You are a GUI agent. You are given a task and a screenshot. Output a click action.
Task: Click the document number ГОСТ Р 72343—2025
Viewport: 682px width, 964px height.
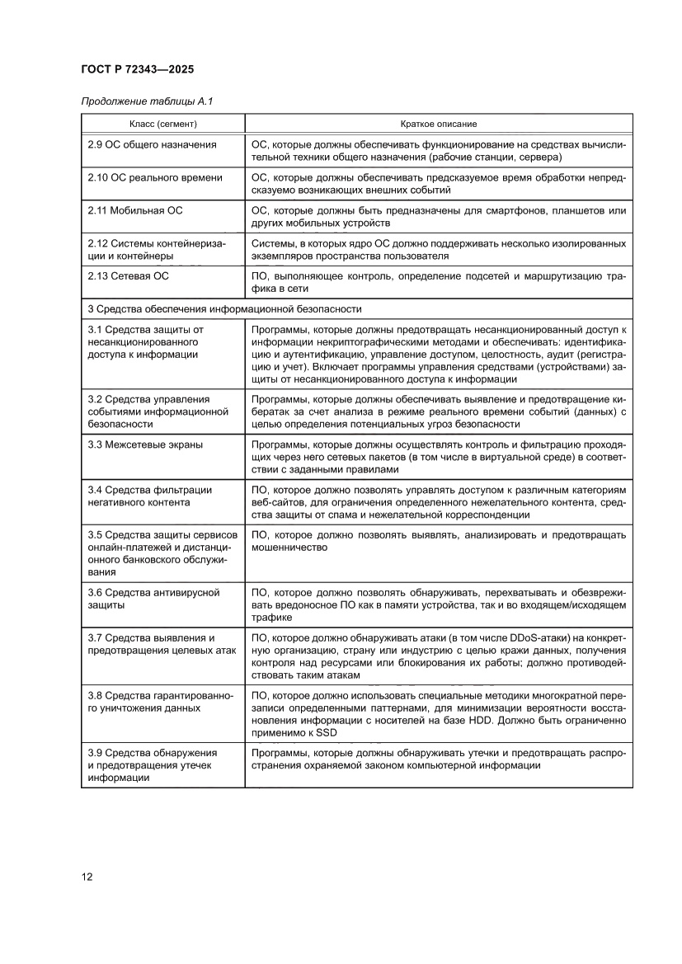[138, 70]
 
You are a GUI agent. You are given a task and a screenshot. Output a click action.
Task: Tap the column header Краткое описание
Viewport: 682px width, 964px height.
[438, 124]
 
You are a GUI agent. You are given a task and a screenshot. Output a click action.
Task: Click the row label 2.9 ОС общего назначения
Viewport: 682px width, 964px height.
[152, 144]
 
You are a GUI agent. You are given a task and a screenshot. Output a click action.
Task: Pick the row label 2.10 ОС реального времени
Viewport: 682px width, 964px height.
[155, 177]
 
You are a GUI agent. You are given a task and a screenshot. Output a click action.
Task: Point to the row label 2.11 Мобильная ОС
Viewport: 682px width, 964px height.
[135, 210]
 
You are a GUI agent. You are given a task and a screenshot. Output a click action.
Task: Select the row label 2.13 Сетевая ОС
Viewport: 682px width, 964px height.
[128, 276]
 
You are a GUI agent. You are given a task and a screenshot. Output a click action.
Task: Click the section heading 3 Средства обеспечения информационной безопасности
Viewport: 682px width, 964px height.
[224, 308]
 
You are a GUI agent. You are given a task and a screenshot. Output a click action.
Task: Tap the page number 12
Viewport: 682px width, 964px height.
[87, 876]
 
